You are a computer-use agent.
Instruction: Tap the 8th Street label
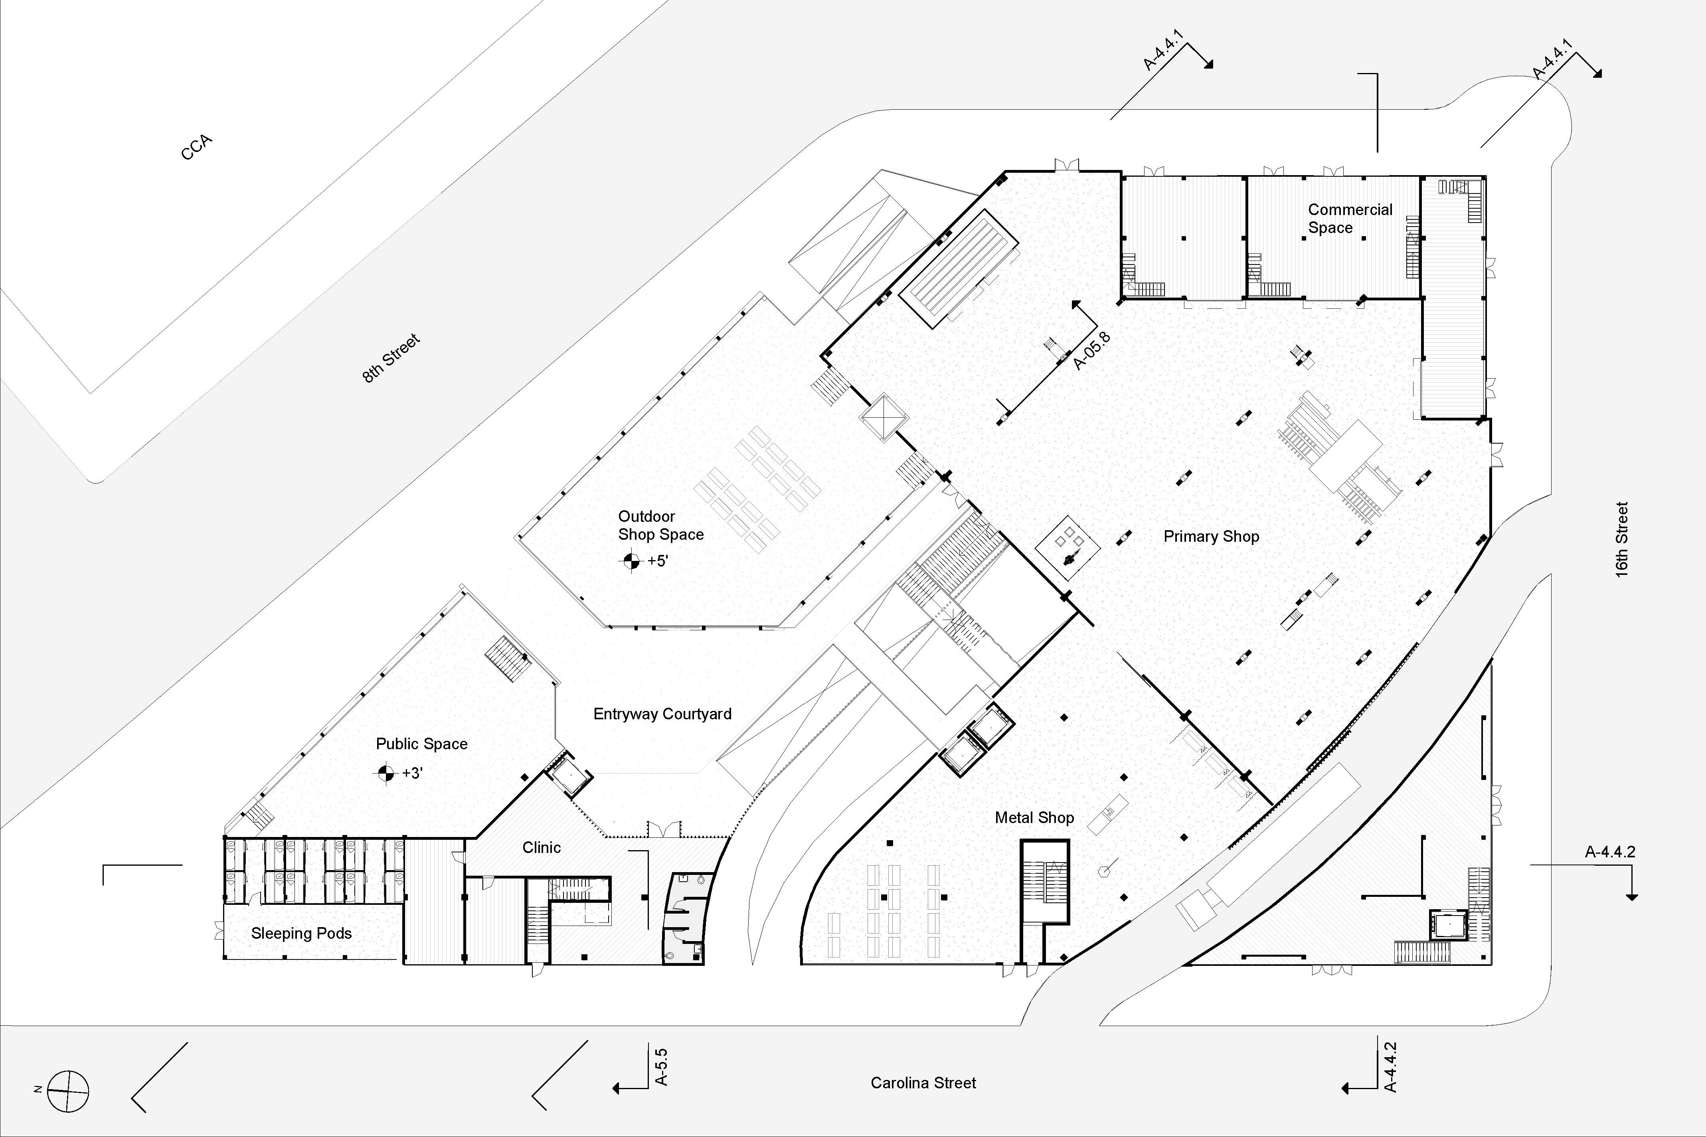click(x=391, y=358)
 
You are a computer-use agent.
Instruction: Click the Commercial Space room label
click(x=1350, y=218)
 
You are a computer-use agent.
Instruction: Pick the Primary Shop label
click(x=1211, y=537)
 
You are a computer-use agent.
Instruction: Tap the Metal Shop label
click(x=1034, y=817)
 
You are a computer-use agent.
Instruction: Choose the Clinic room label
click(x=542, y=847)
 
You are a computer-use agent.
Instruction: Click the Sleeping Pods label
click(x=302, y=933)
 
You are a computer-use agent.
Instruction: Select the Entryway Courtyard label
click(x=662, y=714)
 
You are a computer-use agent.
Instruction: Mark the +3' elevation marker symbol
click(x=385, y=773)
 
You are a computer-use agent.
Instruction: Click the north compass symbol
click(x=68, y=1091)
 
